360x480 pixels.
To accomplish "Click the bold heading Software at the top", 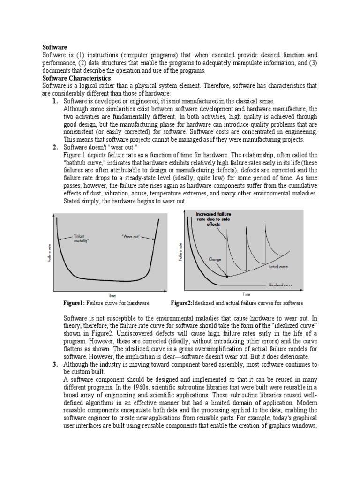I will (x=55, y=47).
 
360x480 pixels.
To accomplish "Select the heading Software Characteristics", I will (x=76, y=78).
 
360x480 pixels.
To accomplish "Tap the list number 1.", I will (x=55, y=101).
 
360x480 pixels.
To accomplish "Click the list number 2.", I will (x=55, y=147).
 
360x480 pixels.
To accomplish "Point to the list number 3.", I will (x=55, y=364).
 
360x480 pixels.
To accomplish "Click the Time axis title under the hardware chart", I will (x=112, y=295).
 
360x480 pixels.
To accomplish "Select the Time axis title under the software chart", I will (x=246, y=294).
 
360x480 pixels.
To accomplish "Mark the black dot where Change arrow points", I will (x=227, y=277).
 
